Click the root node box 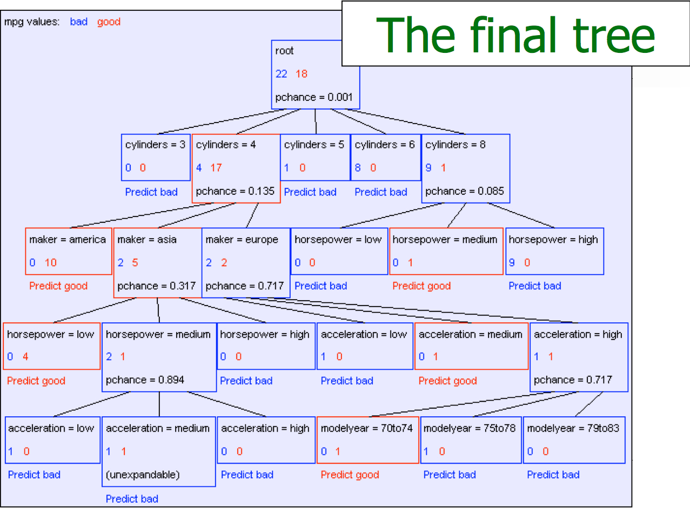[315, 74]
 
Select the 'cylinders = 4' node [236, 168]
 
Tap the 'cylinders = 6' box [385, 157]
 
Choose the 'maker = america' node [68, 251]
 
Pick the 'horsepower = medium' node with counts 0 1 [446, 251]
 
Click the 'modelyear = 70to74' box [367, 439]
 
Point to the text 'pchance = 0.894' [145, 380]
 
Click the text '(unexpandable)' [143, 475]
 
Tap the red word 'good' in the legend [109, 22]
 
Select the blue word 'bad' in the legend [79, 22]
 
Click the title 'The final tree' [515, 35]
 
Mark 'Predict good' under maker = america [58, 286]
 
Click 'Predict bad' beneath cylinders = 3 [151, 192]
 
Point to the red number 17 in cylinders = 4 [216, 167]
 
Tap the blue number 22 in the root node [282, 73]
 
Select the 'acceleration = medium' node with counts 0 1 [471, 346]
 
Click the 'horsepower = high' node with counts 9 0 [554, 251]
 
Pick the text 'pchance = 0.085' [465, 191]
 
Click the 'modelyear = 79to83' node [574, 439]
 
